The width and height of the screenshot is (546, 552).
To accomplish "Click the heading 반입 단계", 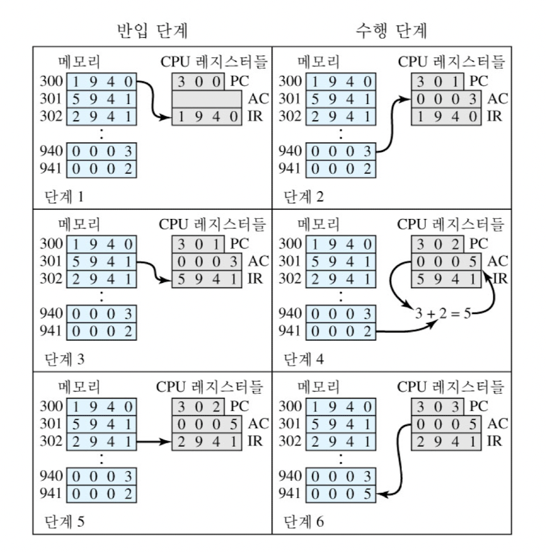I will coord(152,30).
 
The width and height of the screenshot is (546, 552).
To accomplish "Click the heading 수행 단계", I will coord(392,30).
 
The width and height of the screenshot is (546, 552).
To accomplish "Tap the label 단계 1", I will coord(64,195).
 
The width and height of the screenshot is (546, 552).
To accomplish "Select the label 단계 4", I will coord(305,358).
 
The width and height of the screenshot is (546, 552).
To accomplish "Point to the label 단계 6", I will coord(305,521).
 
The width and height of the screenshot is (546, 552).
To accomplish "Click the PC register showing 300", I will coord(200,82).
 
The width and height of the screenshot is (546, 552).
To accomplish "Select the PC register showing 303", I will coord(439,406).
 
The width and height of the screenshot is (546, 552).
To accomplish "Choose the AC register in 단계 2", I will coord(446,99).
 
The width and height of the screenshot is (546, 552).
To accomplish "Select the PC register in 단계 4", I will coord(439,244).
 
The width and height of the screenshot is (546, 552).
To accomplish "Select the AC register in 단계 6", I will coord(446,424).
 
